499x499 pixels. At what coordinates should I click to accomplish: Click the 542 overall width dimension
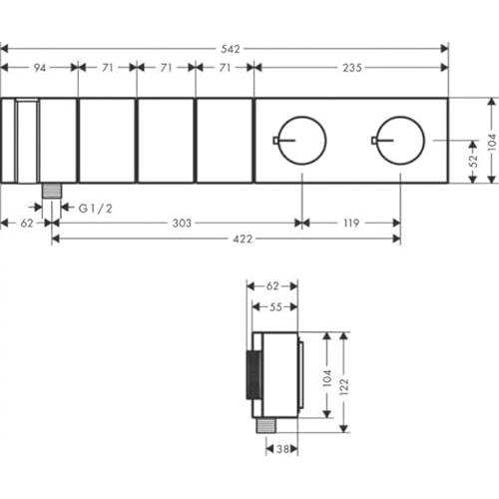231,49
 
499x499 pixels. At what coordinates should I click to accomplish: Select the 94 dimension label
40,68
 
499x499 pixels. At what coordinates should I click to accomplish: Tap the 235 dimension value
352,68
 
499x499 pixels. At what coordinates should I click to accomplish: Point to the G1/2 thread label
96,209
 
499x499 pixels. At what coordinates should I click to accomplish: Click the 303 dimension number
182,223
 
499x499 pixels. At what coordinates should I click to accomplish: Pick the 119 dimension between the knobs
351,223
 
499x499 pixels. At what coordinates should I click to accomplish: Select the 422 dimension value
243,239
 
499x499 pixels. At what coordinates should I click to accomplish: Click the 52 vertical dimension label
473,161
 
